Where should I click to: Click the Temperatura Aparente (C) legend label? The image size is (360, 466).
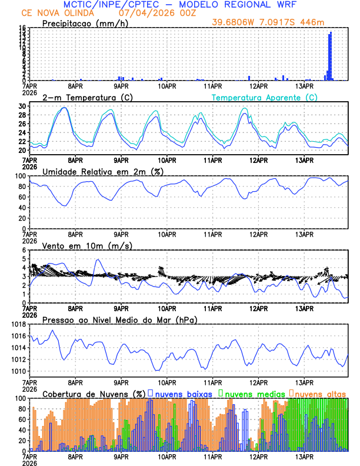tap(265, 97)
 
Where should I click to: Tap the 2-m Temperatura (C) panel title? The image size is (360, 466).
tap(88, 97)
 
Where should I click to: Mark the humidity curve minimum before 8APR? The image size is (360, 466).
tap(64, 205)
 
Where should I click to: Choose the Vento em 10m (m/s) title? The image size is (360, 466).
tap(86, 245)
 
